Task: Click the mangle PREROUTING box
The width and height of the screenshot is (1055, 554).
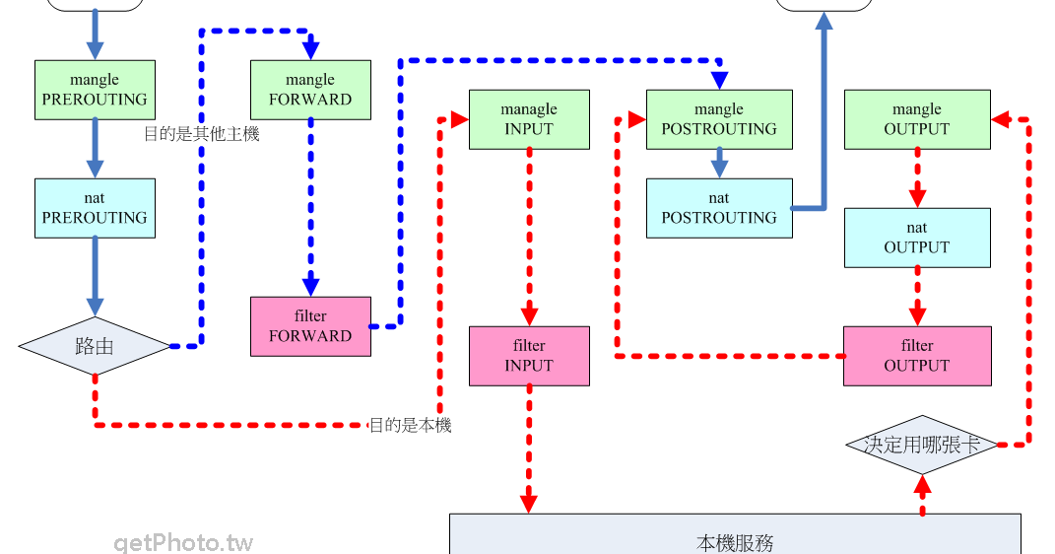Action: pos(95,90)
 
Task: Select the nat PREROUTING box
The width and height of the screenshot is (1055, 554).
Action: pos(95,208)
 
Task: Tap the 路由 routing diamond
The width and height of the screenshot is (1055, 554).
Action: pos(95,346)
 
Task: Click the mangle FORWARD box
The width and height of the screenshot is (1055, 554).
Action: pos(310,90)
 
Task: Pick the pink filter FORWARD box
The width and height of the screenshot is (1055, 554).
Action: pos(310,326)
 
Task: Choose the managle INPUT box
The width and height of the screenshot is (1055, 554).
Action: pos(529,119)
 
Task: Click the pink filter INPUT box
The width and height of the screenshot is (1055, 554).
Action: pos(529,356)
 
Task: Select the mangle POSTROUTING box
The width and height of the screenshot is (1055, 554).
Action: pos(719,119)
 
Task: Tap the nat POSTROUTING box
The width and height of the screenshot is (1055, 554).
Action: pos(719,208)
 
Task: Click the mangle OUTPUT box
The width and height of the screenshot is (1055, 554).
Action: pos(917,119)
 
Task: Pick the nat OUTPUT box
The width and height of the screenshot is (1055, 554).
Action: pos(917,238)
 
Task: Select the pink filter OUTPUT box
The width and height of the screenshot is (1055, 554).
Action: pos(917,356)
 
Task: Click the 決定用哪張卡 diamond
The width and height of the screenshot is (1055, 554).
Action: pos(922,445)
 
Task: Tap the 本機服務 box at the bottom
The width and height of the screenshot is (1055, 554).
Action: pos(735,537)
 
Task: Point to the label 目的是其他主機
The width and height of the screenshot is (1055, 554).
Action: pos(202,134)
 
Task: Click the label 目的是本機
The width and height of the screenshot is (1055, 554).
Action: pos(410,426)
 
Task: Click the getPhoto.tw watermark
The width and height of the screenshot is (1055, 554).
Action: pos(183,542)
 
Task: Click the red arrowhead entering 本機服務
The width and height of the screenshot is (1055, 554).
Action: pos(529,501)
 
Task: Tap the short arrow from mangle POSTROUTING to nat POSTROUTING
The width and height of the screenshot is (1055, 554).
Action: pos(719,163)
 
